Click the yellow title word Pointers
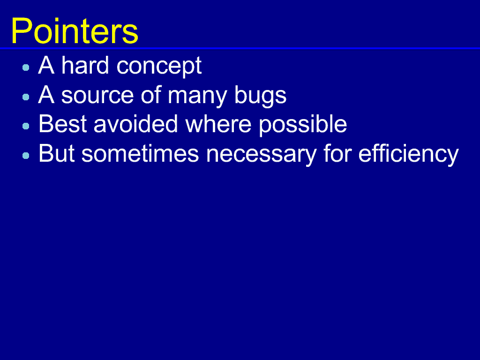[75, 31]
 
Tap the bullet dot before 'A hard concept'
[26, 67]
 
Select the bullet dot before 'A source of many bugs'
[26, 97]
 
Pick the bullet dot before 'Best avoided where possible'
[26, 126]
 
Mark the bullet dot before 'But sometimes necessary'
[26, 156]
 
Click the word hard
[85, 65]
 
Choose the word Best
[63, 124]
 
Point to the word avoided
[136, 124]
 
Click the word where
[218, 124]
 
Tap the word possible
[303, 125]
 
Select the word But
[57, 153]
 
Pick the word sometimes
[140, 153]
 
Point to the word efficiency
[409, 155]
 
